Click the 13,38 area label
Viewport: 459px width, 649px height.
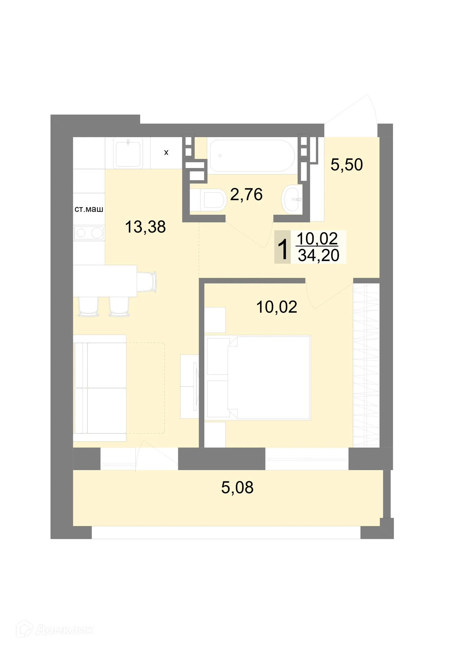(145, 227)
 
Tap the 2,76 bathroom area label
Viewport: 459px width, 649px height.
(246, 195)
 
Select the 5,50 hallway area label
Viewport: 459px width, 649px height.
(346, 165)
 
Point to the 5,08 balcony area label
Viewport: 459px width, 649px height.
(237, 488)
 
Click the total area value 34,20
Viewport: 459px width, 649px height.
(318, 256)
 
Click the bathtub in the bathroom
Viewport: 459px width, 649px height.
(252, 156)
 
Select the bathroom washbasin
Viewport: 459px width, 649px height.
(292, 199)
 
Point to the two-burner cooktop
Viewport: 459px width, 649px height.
(89, 233)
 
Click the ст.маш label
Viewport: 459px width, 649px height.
(89, 209)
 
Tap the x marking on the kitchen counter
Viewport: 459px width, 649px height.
(166, 153)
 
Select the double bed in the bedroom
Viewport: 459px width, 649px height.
(259, 378)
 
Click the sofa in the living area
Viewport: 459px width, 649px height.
(100, 388)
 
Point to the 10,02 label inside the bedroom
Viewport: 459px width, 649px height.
(277, 307)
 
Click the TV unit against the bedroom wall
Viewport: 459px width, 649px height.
(190, 386)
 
